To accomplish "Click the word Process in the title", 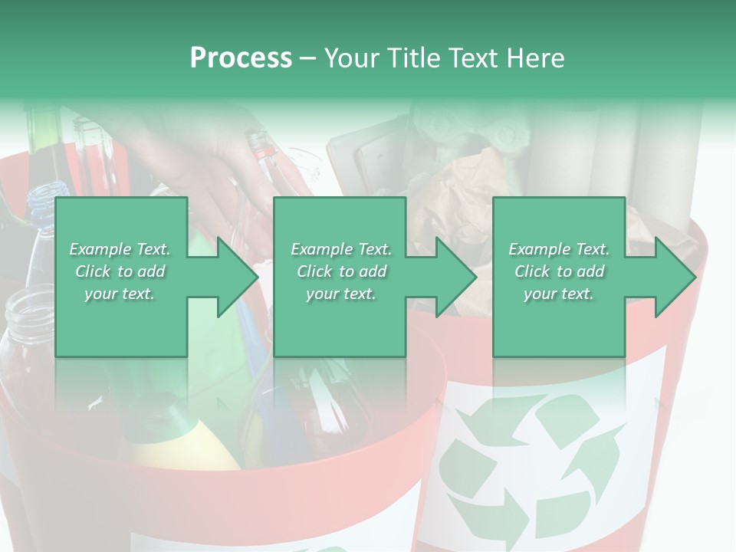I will click(x=241, y=58).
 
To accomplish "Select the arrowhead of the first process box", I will click(x=233, y=277).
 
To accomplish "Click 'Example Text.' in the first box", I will click(x=120, y=249).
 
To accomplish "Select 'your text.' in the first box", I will click(x=120, y=294).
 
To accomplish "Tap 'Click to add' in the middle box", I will click(x=341, y=271).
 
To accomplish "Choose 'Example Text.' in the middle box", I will click(x=341, y=249).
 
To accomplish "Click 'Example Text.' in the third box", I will click(x=559, y=249).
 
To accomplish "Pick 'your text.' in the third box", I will click(x=559, y=294).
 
